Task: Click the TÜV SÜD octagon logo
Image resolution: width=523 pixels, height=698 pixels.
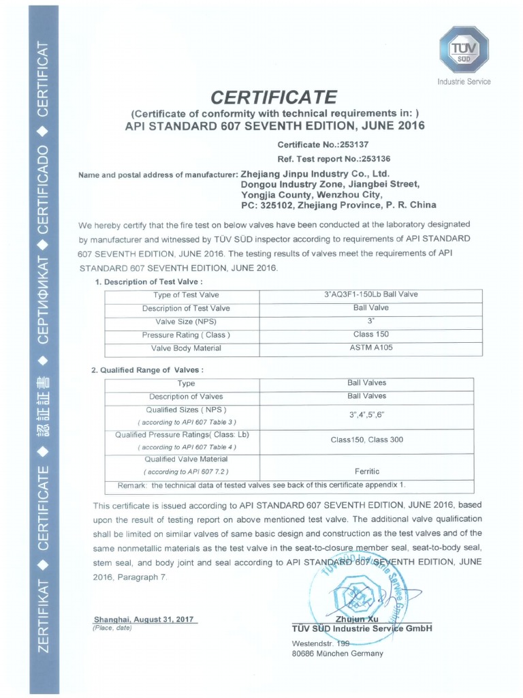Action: pos(464,50)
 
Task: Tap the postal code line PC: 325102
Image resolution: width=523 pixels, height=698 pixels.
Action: pos(338,204)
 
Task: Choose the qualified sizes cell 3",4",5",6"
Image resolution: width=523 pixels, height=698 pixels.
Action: pos(366,415)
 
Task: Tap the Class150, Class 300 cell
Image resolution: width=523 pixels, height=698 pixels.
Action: pos(366,440)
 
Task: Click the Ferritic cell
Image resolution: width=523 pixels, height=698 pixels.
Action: pos(366,471)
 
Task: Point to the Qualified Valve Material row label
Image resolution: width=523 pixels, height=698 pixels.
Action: pos(186,459)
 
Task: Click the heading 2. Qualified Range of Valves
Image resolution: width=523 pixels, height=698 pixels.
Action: pos(147,369)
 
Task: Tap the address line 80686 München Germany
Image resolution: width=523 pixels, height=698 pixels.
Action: pos(337,654)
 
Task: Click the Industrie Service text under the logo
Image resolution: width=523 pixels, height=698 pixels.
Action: pos(464,82)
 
